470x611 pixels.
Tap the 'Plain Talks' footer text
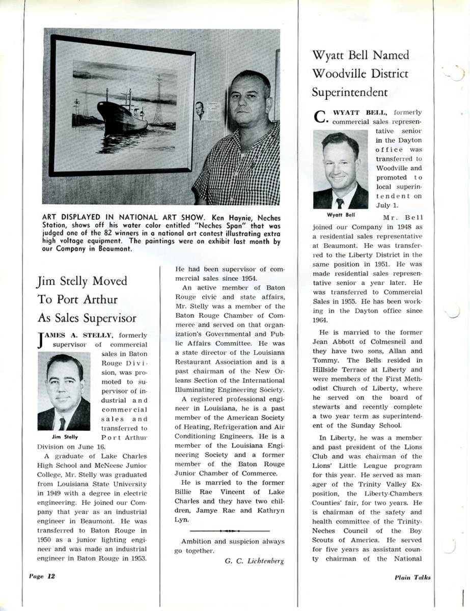[412, 577]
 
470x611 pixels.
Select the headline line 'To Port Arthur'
[77, 299]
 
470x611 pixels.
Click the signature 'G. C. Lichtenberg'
[254, 561]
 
